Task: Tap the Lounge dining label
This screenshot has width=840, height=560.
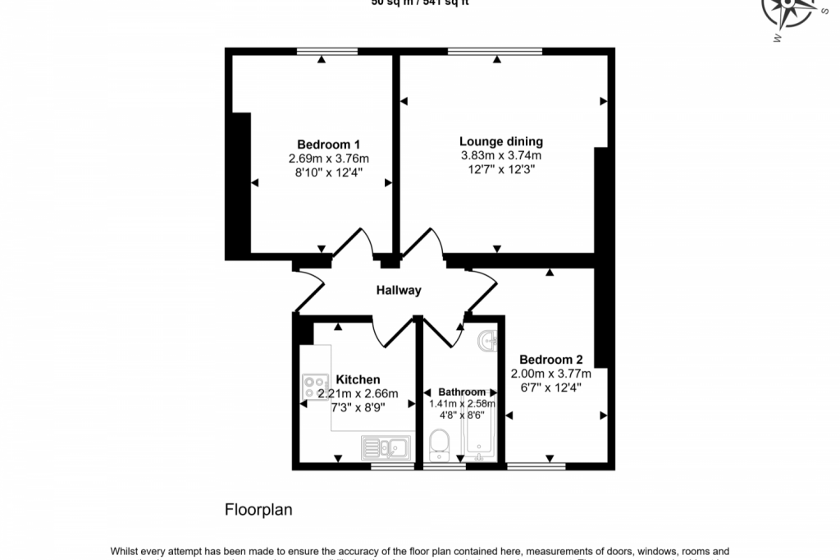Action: (x=500, y=141)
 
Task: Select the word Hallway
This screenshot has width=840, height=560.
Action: (x=399, y=290)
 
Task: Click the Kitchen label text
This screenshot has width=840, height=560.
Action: (x=358, y=379)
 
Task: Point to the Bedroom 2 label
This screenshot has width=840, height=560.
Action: (x=550, y=360)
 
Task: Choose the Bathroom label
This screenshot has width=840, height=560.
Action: (x=461, y=392)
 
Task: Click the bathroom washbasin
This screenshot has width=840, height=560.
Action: (x=489, y=339)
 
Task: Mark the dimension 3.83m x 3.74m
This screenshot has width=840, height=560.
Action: (x=500, y=156)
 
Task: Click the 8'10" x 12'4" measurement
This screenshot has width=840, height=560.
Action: (x=328, y=172)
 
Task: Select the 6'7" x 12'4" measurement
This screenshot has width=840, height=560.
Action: (x=550, y=388)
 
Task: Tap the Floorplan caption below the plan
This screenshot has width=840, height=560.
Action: (x=258, y=510)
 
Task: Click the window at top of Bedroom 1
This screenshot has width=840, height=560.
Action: (x=327, y=52)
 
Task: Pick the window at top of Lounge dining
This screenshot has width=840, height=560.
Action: (x=495, y=52)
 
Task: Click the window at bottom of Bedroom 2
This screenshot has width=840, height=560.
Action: (x=536, y=466)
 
